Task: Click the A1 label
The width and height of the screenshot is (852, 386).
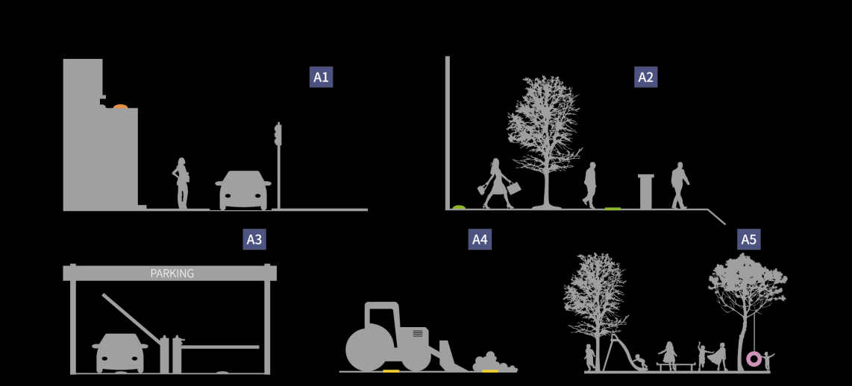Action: coord(321,77)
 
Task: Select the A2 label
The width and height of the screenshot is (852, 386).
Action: coord(645,77)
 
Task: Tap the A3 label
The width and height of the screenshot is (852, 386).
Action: coord(254,239)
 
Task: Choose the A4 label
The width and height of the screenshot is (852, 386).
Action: coord(480,239)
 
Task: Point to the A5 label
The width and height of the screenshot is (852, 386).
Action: coord(749,239)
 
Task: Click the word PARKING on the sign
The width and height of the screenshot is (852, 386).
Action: coord(172,273)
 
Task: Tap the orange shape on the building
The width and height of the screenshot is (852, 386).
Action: coord(120,107)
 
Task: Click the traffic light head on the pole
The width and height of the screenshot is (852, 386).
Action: coord(278,134)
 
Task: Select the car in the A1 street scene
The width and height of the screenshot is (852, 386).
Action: coord(243,190)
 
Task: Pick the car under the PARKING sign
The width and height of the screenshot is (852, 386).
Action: coord(120,353)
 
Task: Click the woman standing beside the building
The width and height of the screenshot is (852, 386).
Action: coord(181,183)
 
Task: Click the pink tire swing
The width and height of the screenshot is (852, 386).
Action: coord(754,359)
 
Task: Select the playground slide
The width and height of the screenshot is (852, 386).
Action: coord(625,353)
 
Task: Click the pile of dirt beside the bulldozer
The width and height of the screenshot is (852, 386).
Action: coord(494,362)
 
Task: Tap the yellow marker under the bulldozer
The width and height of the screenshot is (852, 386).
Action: coord(391,371)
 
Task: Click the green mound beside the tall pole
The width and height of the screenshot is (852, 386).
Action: coord(459,207)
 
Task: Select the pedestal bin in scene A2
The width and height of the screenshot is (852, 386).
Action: coord(645,191)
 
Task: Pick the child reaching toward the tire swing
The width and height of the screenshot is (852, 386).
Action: coord(767,361)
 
